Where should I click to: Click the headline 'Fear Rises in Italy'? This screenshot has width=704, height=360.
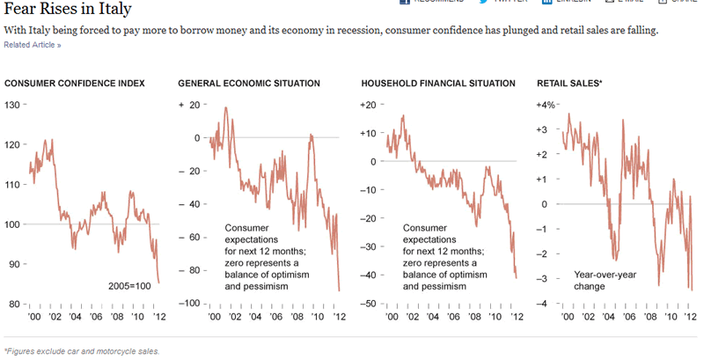pyautogui.click(x=69, y=10)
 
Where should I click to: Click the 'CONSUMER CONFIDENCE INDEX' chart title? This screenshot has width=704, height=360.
pyautogui.click(x=75, y=84)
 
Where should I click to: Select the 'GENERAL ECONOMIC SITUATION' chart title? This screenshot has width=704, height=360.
pyautogui.click(x=249, y=84)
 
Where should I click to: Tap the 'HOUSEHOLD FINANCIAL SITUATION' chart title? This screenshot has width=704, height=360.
pyautogui.click(x=438, y=84)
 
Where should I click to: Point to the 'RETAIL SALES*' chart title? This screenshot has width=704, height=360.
pyautogui.click(x=569, y=84)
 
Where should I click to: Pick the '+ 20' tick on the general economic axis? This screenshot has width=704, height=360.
pyautogui.click(x=190, y=106)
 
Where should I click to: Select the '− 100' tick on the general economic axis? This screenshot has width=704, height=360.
pyautogui.click(x=188, y=304)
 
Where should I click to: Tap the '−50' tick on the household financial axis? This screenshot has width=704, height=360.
pyautogui.click(x=369, y=304)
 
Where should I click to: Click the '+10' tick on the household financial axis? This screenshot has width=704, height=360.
pyautogui.click(x=369, y=134)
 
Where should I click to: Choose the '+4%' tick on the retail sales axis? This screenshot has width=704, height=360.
pyautogui.click(x=546, y=106)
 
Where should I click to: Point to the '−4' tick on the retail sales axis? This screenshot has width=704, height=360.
pyautogui.click(x=549, y=304)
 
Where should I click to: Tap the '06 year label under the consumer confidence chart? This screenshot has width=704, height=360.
pyautogui.click(x=97, y=318)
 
